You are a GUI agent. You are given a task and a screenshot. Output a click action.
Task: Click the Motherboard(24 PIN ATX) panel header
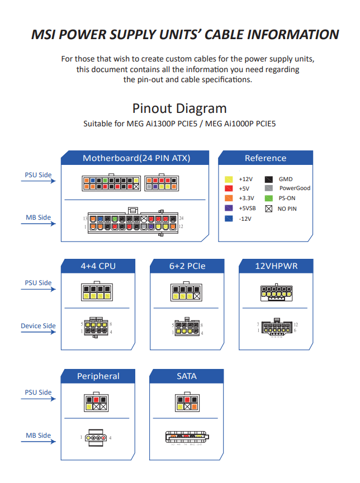(136, 158)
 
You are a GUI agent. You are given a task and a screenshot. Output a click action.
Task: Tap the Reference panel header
(265, 158)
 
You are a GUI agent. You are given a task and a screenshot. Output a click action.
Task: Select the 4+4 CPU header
(98, 266)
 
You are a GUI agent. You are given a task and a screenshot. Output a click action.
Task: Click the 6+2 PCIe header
(187, 266)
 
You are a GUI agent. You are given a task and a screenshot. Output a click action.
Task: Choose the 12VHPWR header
(276, 266)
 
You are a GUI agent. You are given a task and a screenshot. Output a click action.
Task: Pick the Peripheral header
(98, 376)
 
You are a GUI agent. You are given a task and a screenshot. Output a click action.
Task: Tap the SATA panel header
(187, 376)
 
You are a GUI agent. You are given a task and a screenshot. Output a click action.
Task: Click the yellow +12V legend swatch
(229, 179)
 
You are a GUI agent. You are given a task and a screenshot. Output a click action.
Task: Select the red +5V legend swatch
(229, 189)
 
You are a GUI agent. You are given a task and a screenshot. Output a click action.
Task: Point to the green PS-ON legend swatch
(269, 198)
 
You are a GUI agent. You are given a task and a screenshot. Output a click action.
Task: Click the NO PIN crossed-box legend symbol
(269, 208)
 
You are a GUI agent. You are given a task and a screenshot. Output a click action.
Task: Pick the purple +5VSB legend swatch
(229, 208)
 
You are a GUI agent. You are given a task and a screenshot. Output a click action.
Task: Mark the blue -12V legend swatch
(229, 218)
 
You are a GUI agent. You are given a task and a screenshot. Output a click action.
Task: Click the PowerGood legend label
(295, 188)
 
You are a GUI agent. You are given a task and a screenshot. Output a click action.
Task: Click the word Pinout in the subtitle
(153, 108)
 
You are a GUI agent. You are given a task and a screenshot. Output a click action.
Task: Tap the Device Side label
(38, 326)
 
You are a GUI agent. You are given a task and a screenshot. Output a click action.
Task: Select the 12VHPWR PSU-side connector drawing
(276, 293)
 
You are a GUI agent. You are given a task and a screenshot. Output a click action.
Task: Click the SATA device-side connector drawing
(187, 437)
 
